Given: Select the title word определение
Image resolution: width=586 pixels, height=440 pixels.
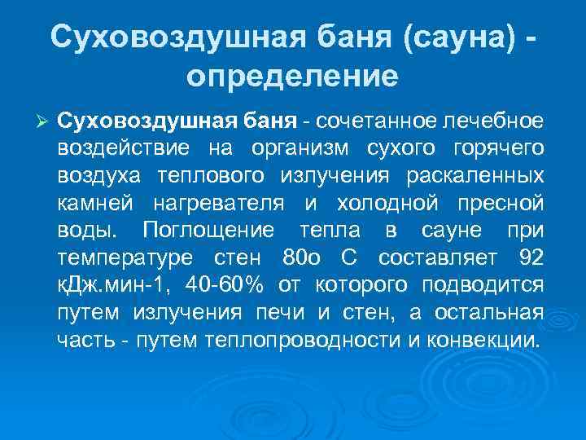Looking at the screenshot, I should pyautogui.click(x=292, y=77).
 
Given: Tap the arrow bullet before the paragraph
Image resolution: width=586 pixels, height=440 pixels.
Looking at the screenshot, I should pyautogui.click(x=45, y=121).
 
